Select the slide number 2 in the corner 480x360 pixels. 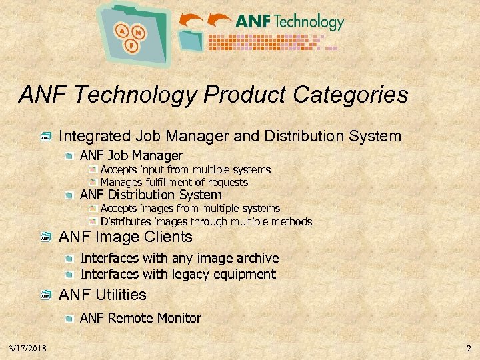469,349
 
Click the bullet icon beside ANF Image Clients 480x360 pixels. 45,238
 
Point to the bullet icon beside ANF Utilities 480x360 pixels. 45,295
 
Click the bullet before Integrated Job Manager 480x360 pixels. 45,138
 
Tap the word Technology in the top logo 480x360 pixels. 308,21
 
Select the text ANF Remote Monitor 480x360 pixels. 140,318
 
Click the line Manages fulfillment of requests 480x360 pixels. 174,182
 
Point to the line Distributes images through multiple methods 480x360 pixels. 206,221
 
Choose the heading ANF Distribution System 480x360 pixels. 151,195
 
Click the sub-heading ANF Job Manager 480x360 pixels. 131,156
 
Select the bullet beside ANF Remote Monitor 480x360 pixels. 70,319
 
